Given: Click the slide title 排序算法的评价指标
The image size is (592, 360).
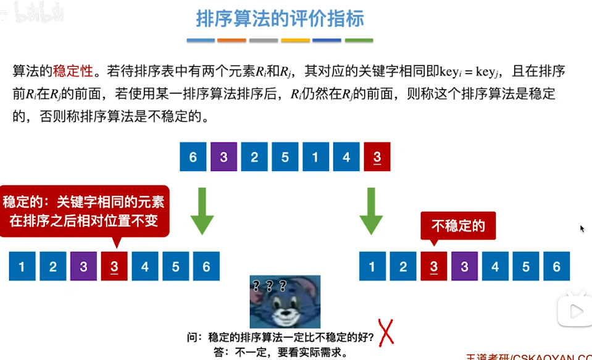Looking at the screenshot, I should click(x=280, y=18).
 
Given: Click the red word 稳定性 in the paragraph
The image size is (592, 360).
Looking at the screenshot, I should click(x=73, y=71).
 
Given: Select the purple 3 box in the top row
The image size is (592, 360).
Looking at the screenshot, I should click(x=223, y=157).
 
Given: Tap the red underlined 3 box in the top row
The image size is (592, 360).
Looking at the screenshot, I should click(x=377, y=157).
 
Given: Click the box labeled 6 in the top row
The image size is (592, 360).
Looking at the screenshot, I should click(x=193, y=157).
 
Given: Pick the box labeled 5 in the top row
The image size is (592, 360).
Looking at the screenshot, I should click(x=285, y=157).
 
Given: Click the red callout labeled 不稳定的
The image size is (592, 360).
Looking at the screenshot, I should click(x=457, y=226).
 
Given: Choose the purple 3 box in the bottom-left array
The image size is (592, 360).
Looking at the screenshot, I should click(x=83, y=267).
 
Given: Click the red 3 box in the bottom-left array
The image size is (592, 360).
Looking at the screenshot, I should click(x=114, y=267).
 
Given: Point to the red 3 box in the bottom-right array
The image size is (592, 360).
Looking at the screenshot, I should click(x=434, y=267).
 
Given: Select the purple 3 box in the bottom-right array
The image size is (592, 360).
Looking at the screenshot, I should click(x=465, y=267).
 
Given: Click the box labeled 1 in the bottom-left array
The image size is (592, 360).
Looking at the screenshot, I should click(x=22, y=267).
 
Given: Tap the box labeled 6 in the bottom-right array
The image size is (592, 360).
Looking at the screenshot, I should click(x=557, y=267).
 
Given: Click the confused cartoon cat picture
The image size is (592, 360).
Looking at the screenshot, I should click(x=285, y=301).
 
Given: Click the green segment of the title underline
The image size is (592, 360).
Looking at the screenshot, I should click(x=359, y=41).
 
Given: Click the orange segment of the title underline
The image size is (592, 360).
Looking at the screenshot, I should click(x=232, y=41).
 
